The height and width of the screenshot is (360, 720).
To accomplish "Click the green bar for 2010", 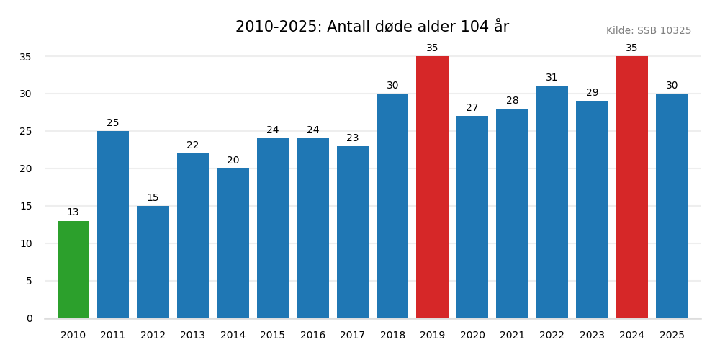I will pyautogui.click(x=73, y=269).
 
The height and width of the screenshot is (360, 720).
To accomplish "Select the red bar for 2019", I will pyautogui.click(x=432, y=187).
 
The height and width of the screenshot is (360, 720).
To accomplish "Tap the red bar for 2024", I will pyautogui.click(x=631, y=187).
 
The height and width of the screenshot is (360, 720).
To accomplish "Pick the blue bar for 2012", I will pyautogui.click(x=153, y=262).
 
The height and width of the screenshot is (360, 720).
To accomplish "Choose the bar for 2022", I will pyautogui.click(x=552, y=202).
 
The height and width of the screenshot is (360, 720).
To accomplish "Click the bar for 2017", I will pyautogui.click(x=352, y=232).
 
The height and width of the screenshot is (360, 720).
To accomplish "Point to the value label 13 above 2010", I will pyautogui.click(x=73, y=212).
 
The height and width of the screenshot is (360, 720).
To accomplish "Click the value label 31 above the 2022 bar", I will pyautogui.click(x=552, y=78).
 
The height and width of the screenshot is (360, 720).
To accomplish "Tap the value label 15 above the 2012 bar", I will pyautogui.click(x=153, y=198).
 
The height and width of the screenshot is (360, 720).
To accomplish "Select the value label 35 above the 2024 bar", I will pyautogui.click(x=631, y=48).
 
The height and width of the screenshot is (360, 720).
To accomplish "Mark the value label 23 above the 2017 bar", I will pyautogui.click(x=352, y=138).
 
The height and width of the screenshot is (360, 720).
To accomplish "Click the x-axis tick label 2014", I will pyautogui.click(x=233, y=336).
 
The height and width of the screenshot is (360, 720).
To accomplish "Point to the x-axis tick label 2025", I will pyautogui.click(x=671, y=336).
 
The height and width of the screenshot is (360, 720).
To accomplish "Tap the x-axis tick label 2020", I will pyautogui.click(x=472, y=336).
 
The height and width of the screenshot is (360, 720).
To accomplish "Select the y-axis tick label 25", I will pyautogui.click(x=25, y=131).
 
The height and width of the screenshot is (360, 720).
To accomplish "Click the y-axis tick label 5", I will pyautogui.click(x=29, y=281).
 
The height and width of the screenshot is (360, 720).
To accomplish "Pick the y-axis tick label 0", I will pyautogui.click(x=29, y=318).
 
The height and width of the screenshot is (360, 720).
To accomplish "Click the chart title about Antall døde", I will pyautogui.click(x=372, y=27).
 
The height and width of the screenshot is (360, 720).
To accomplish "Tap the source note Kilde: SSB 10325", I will pyautogui.click(x=648, y=31).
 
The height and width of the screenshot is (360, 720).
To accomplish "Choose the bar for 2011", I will pyautogui.click(x=113, y=225).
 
